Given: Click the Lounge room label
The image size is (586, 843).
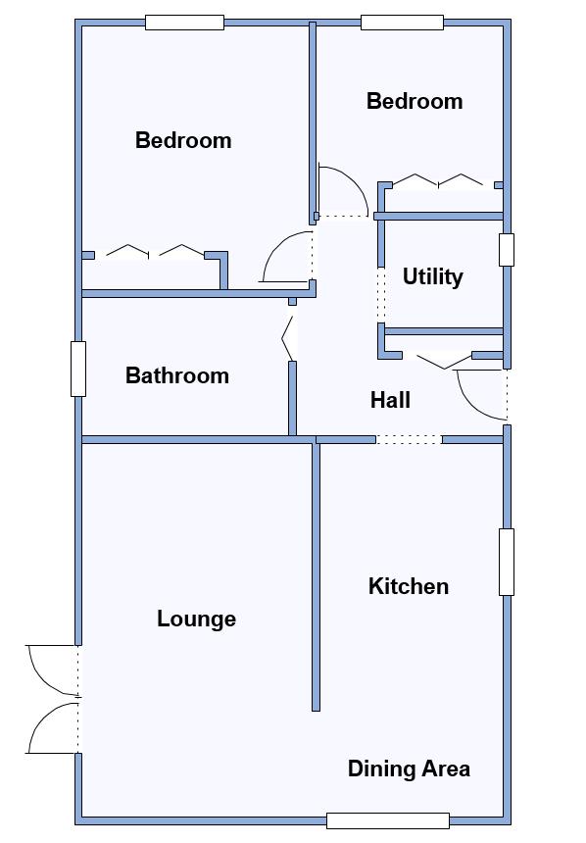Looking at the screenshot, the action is point(196,619).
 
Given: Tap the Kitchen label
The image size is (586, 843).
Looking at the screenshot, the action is point(409,586).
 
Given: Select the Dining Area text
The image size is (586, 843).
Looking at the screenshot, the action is point(410,769).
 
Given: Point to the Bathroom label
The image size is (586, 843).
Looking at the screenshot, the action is point(177,375).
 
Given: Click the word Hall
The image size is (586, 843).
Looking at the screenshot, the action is point(390,400).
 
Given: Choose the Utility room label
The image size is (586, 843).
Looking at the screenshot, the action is point(433,276).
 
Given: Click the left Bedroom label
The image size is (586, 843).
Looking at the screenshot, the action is point(183,140).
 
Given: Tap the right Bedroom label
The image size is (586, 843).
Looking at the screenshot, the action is point(415,101).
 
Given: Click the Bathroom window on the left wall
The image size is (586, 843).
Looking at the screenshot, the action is point(78,369).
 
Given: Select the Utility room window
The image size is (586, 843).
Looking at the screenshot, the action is point(507,249).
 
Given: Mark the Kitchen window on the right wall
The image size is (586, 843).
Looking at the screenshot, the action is point(507,562).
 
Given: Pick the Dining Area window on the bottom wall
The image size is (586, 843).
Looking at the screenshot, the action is point(388,821).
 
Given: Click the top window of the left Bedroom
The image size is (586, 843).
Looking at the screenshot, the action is point(184,23).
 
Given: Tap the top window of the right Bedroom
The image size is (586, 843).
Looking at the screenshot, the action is point(402,23).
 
